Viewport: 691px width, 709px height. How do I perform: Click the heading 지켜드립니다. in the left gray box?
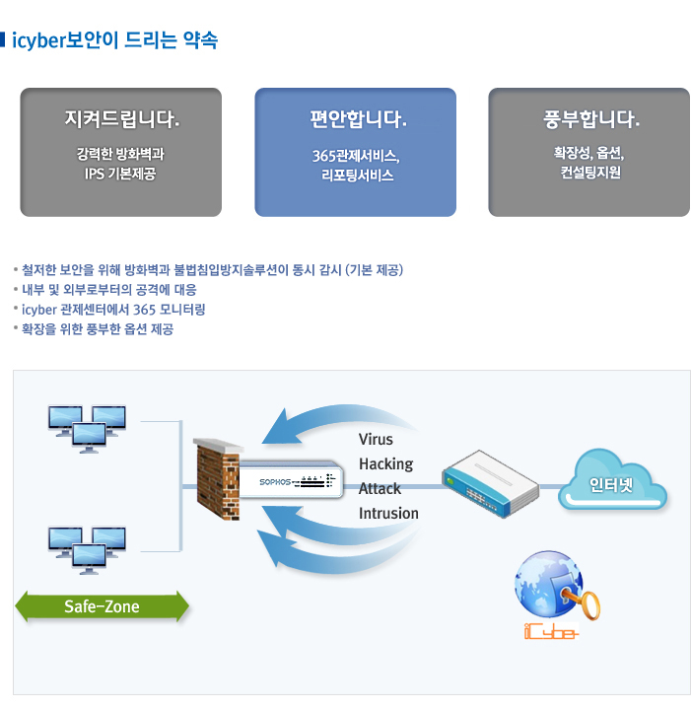coord(121,121)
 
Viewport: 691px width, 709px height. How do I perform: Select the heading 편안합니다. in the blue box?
coord(356,121)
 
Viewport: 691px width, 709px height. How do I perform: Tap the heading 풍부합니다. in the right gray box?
coord(589,121)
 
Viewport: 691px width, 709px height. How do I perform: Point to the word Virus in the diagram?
coord(376,439)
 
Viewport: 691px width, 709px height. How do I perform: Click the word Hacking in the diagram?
coord(385,463)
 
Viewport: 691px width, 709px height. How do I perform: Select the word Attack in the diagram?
coord(380,488)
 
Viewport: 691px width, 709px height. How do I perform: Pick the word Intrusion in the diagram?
coord(388,513)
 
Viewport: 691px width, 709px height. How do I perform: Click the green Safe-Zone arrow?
coord(102,605)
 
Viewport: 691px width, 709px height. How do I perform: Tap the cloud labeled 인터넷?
coord(611,484)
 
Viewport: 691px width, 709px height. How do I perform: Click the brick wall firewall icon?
coord(217,475)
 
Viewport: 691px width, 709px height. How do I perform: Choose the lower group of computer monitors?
coord(88,549)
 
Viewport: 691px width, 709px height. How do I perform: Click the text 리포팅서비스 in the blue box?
coord(356,176)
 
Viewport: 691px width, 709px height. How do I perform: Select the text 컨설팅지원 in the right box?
coord(589,173)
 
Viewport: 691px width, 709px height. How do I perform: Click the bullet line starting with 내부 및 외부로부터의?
coord(108,290)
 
